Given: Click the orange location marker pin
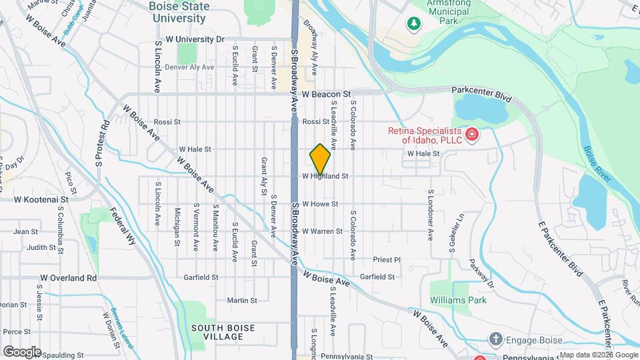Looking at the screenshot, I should tap(320, 159).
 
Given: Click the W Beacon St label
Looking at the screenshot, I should tap(326, 95).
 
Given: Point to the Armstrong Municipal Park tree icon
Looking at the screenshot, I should tap(414, 25).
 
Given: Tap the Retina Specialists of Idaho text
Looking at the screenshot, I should tap(425, 135).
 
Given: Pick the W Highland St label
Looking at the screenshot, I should tap(325, 177).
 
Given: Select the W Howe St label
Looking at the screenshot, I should tap(320, 204).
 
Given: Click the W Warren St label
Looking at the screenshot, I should tap(322, 231).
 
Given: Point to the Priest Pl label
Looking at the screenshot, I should tap(387, 259).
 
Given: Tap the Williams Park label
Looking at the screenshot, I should tap(458, 300).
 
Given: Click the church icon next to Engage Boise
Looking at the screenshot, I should tap(495, 339).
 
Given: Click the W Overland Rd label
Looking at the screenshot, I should tap(69, 277).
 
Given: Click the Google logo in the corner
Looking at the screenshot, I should tap(22, 351).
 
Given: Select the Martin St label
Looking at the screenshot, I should tap(237, 300).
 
